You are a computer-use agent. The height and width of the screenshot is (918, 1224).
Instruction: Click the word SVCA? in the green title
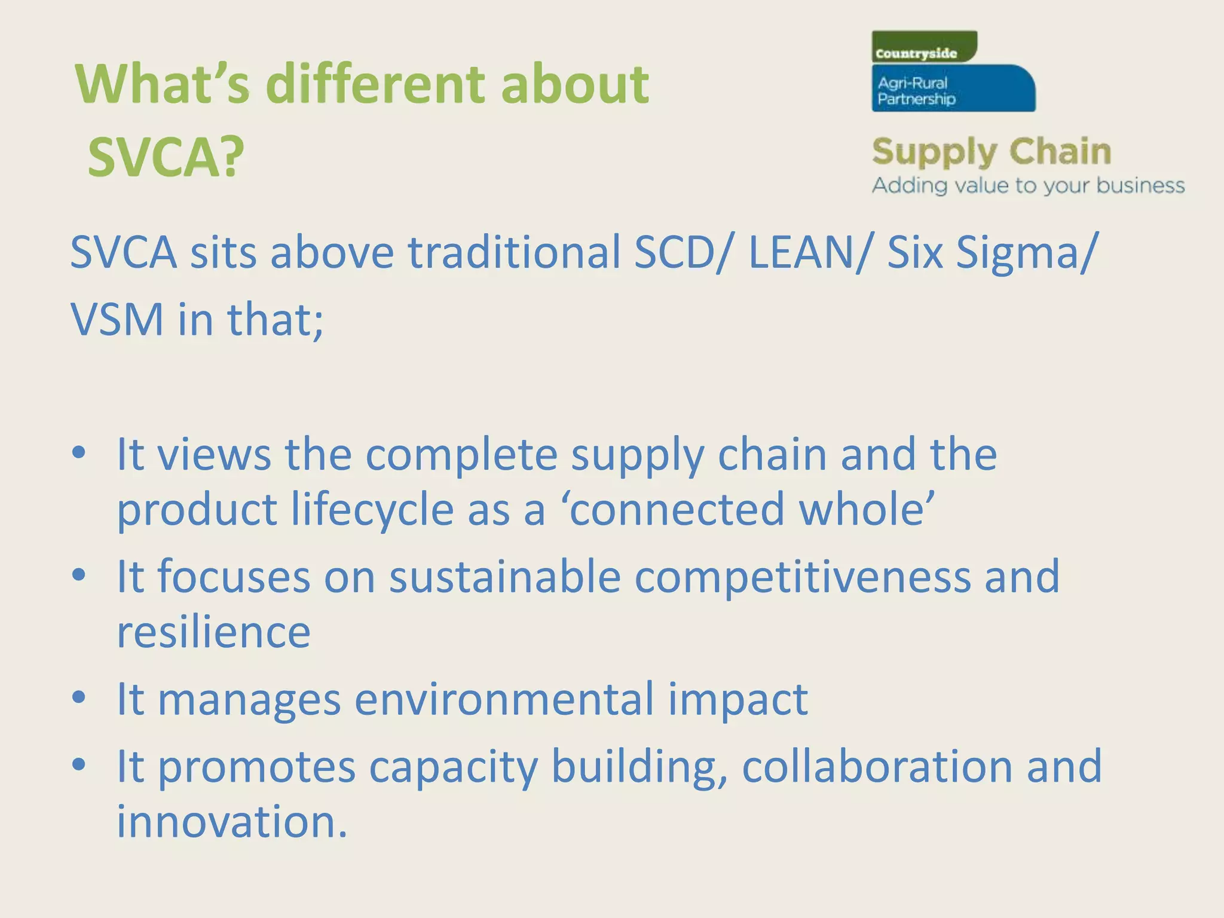pos(166,157)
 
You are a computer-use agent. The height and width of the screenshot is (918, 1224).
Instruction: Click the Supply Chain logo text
pos(991,152)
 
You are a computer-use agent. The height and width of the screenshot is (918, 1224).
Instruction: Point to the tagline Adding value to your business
pos(1028,185)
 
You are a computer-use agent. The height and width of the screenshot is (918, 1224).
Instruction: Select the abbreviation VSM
pos(117,320)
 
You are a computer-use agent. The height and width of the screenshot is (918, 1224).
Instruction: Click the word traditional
pos(514,252)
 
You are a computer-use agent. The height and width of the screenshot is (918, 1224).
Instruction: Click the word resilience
pos(213,632)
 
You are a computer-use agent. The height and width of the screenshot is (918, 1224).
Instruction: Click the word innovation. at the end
pos(231,822)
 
